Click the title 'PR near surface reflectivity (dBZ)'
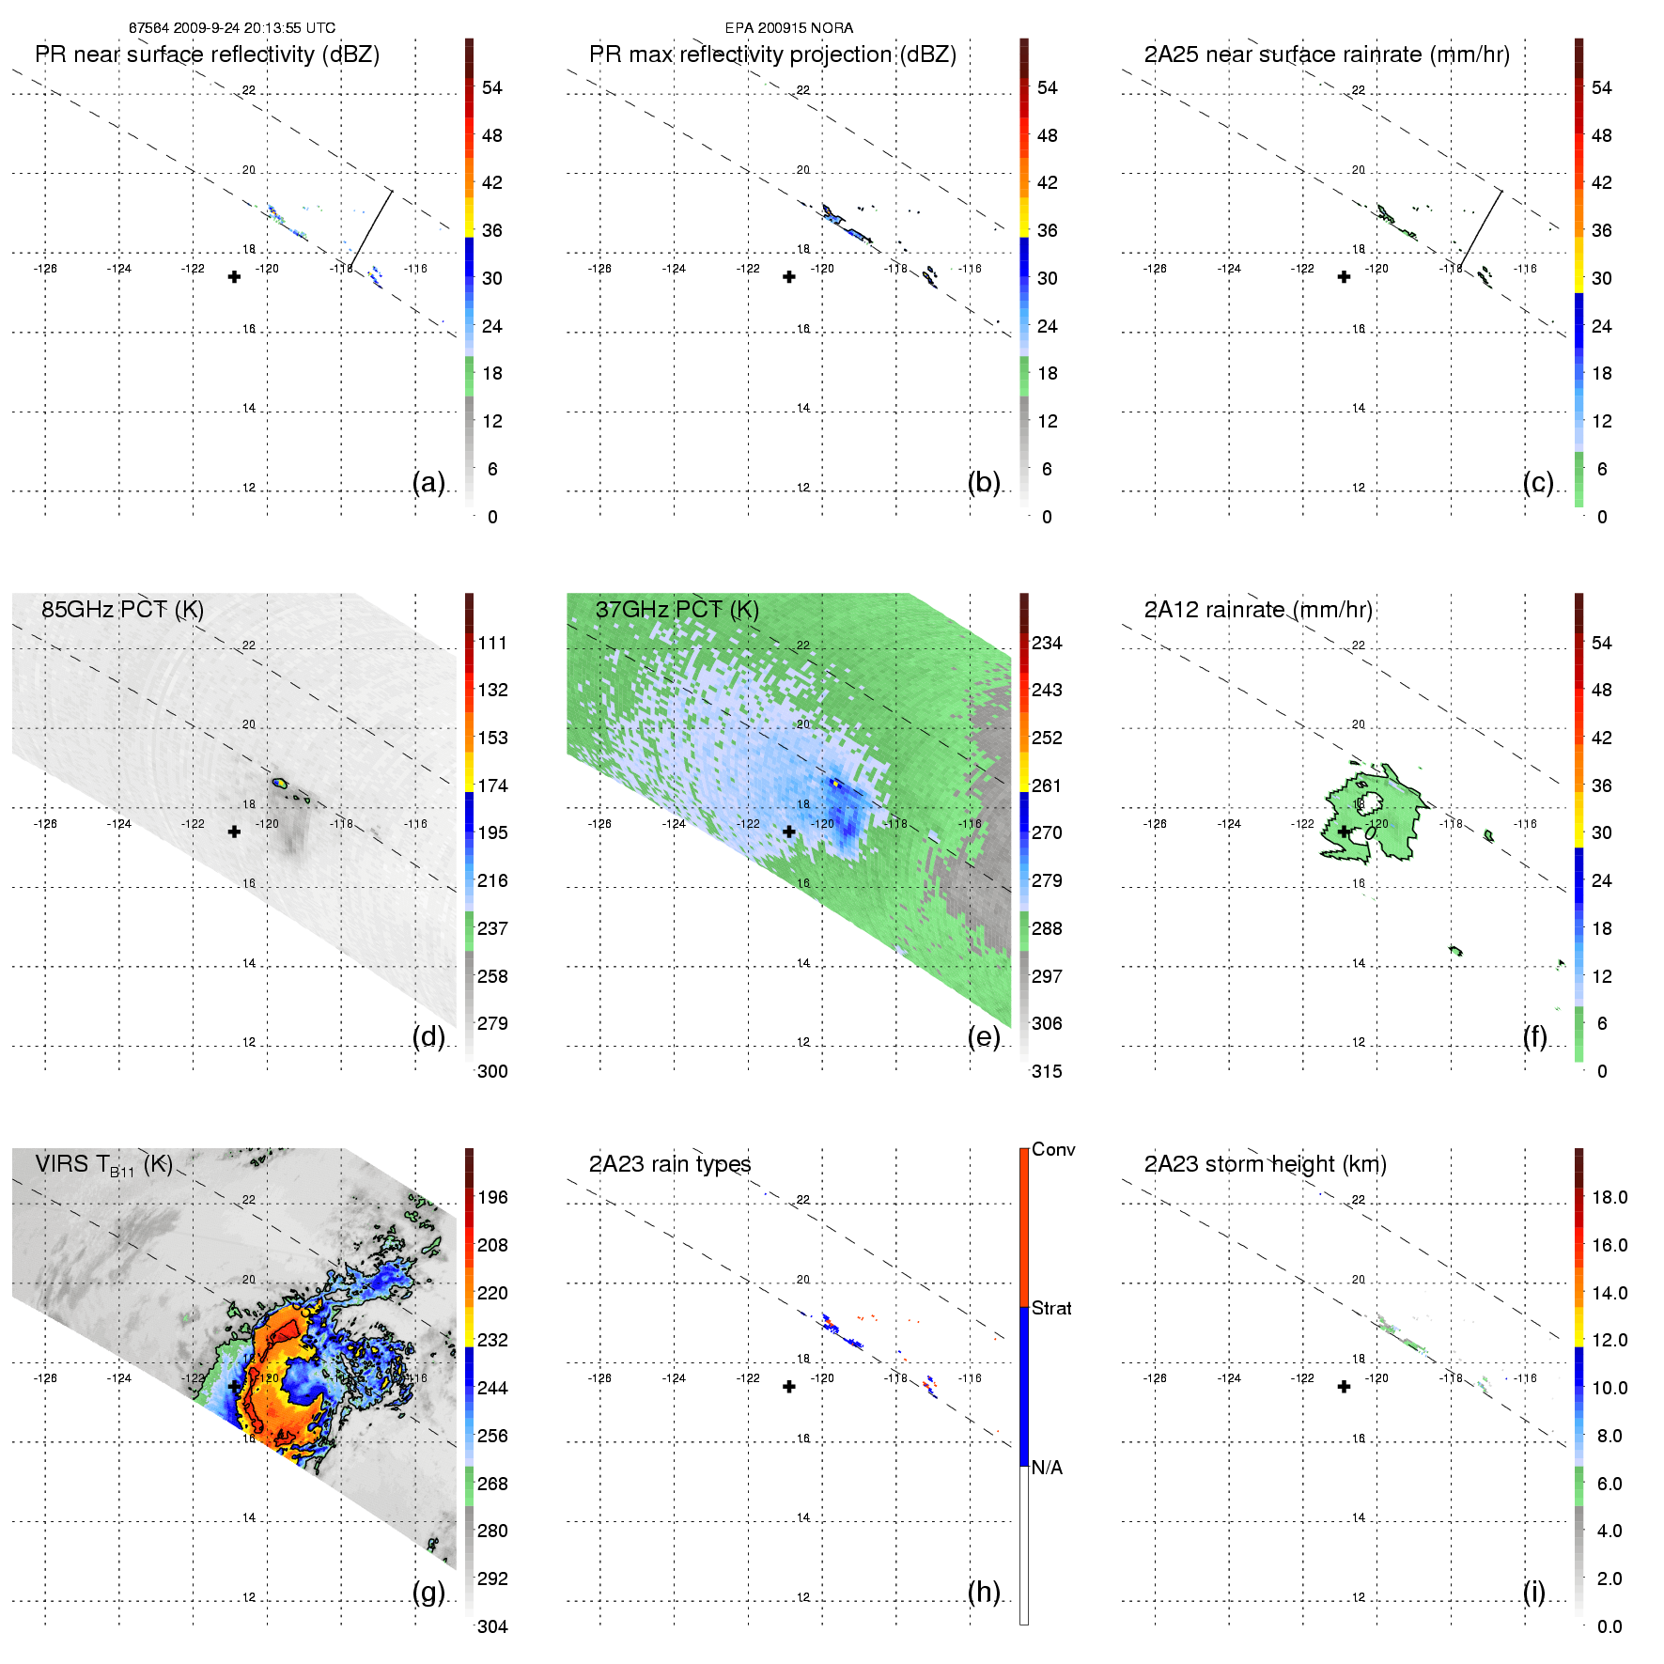[x=207, y=54]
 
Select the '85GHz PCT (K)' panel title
[x=122, y=610]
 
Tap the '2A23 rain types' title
[x=670, y=1164]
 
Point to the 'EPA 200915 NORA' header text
[x=789, y=28]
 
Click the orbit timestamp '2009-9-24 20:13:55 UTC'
[x=254, y=28]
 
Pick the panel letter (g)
[x=428, y=1592]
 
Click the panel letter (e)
[x=984, y=1036]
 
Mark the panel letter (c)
[x=1538, y=482]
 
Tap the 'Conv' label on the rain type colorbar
[x=1053, y=1149]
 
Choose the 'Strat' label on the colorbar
[x=1051, y=1308]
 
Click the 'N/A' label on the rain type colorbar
[x=1047, y=1468]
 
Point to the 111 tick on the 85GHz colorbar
[x=492, y=643]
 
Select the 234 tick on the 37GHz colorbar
[x=1047, y=643]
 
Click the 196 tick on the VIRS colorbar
[x=492, y=1197]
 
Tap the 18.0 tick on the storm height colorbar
[x=1610, y=1197]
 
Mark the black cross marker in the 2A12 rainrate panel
[x=1344, y=832]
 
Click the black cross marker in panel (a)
[x=234, y=276]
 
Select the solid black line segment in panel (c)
[x=1481, y=229]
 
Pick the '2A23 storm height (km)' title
[x=1265, y=1164]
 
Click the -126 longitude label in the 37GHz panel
[x=599, y=824]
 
